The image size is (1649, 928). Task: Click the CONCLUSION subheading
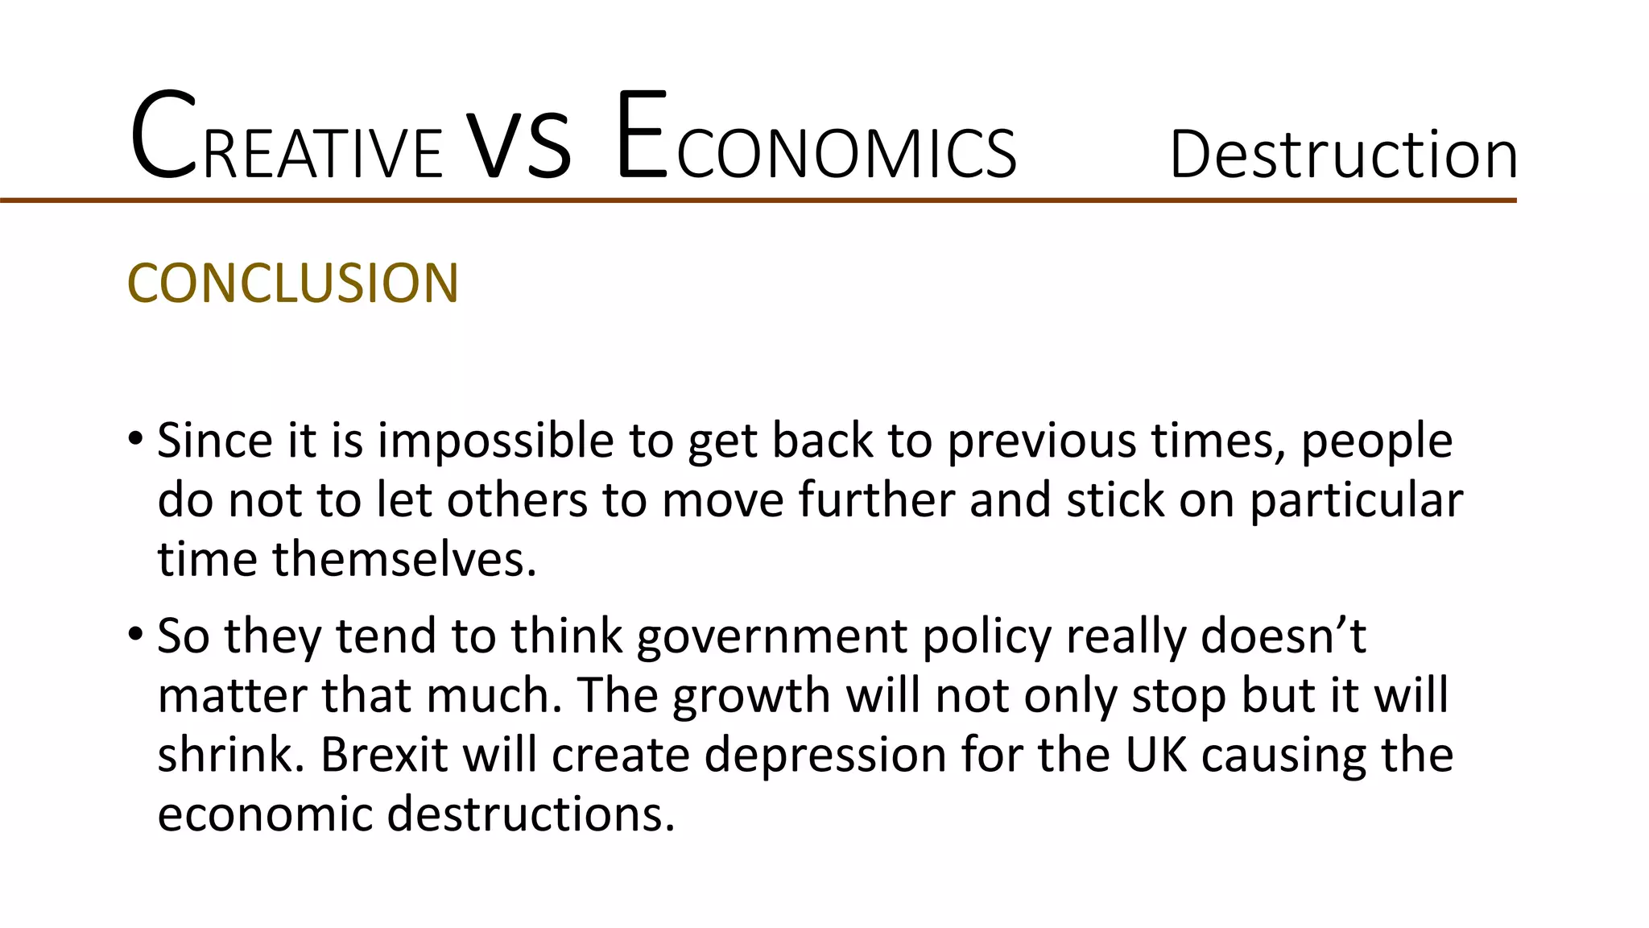pos(293,284)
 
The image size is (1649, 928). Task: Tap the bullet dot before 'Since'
pos(135,440)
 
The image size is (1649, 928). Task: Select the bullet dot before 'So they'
pos(135,635)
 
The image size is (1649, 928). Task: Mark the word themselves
pos(404,559)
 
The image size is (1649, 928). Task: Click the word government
pos(772,636)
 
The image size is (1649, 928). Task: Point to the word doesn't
pos(1283,635)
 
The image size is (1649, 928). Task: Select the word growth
pos(751,696)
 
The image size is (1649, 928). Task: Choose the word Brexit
pos(384,755)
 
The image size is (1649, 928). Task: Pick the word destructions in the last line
pos(531,814)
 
